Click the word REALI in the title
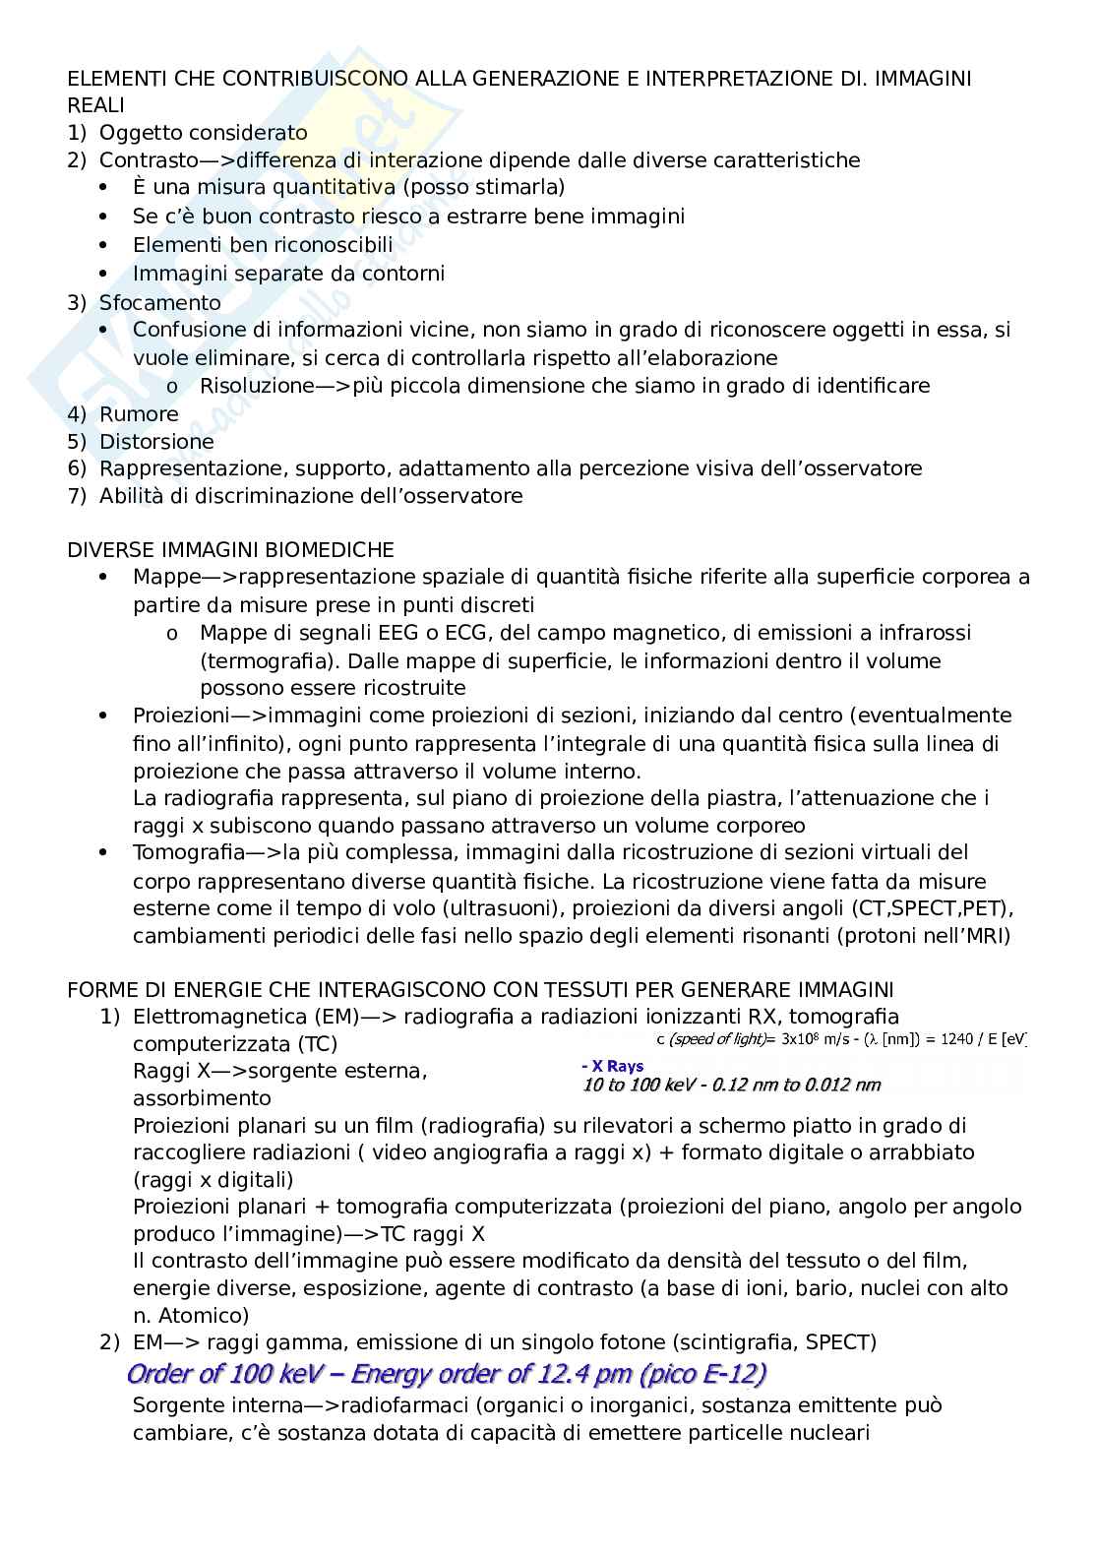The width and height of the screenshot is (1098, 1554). coord(95,105)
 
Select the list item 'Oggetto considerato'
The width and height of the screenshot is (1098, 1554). coord(203,133)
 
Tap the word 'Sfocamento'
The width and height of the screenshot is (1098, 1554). coord(159,302)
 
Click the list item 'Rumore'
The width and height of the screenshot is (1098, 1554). coord(139,414)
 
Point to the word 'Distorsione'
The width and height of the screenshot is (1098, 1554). coord(156,442)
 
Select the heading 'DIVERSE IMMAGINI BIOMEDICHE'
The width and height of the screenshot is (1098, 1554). coord(230,549)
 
